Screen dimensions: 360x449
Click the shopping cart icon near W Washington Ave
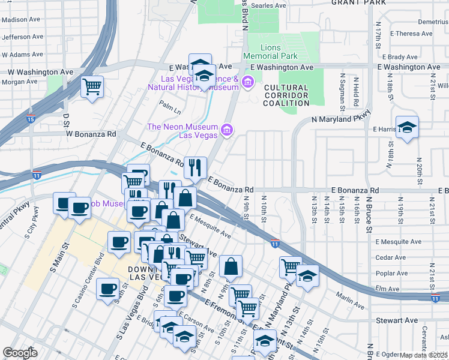click(92, 86)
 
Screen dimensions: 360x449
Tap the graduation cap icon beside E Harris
click(407, 127)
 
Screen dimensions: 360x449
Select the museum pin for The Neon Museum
click(226, 130)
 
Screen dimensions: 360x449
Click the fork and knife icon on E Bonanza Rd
click(195, 167)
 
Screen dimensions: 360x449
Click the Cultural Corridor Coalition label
click(286, 95)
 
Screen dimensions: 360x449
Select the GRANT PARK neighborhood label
click(358, 2)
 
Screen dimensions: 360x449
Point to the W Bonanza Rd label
click(91, 134)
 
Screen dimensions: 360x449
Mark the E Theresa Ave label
click(411, 34)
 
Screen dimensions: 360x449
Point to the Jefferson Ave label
click(23, 37)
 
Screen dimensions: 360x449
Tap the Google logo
click(20, 353)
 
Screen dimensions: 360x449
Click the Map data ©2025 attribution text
click(424, 355)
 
